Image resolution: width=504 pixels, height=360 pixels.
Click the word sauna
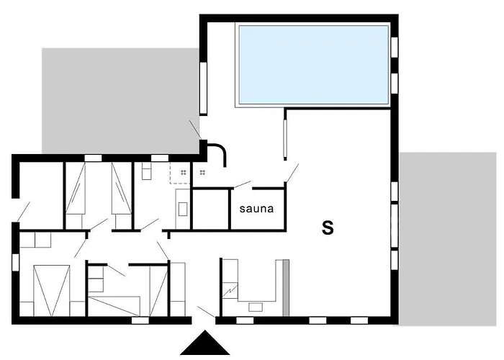(256, 209)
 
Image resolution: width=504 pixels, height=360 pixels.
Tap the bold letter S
(328, 228)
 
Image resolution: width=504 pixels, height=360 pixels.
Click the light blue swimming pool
(314, 65)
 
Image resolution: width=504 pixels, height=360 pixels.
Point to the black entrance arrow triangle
(204, 343)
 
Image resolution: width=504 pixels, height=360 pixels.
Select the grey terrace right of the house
(448, 239)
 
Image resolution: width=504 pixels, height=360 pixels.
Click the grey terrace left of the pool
(120, 101)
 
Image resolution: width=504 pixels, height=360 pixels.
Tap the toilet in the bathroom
(146, 171)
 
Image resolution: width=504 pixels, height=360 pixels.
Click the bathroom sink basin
(183, 209)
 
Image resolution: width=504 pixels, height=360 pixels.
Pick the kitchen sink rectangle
(256, 307)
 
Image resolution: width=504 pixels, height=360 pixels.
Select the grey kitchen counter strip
(286, 288)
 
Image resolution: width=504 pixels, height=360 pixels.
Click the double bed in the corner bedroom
(51, 290)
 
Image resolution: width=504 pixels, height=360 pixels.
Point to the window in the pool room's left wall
(203, 88)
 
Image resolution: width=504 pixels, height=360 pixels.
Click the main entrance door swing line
(206, 312)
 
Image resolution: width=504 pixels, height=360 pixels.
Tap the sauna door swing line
(243, 184)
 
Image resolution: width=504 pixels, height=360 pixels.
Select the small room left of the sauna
(210, 210)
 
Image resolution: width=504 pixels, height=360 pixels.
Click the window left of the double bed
(15, 262)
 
